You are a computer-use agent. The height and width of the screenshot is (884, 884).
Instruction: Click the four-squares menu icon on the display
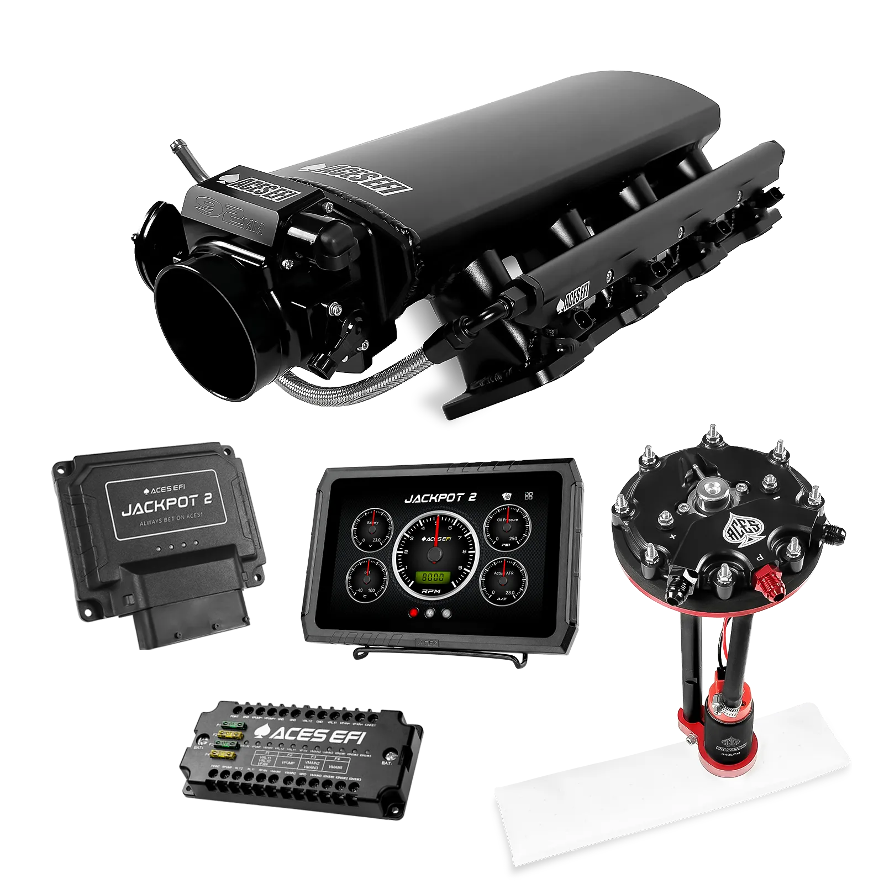point(529,496)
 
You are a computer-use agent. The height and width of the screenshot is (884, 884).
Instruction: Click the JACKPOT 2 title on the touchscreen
point(440,498)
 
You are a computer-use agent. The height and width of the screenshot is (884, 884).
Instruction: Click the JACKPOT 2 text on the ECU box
point(166,506)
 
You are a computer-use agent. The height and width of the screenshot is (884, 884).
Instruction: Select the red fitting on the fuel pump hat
point(767,580)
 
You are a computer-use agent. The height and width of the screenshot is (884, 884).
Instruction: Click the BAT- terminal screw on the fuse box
point(391,756)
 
